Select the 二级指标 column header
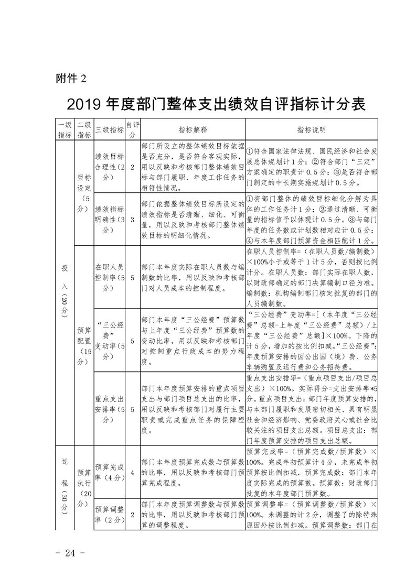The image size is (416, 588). pos(84,129)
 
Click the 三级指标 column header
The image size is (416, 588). pos(109,129)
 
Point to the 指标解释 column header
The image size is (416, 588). pos(193,129)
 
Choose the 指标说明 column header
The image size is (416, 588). pos(311,129)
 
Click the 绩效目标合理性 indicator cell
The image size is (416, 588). pos(109,167)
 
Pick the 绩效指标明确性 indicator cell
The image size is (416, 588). pos(109,219)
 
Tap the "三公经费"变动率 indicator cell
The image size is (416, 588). pos(109,336)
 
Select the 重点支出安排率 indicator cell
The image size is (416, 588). pos(109,401)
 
